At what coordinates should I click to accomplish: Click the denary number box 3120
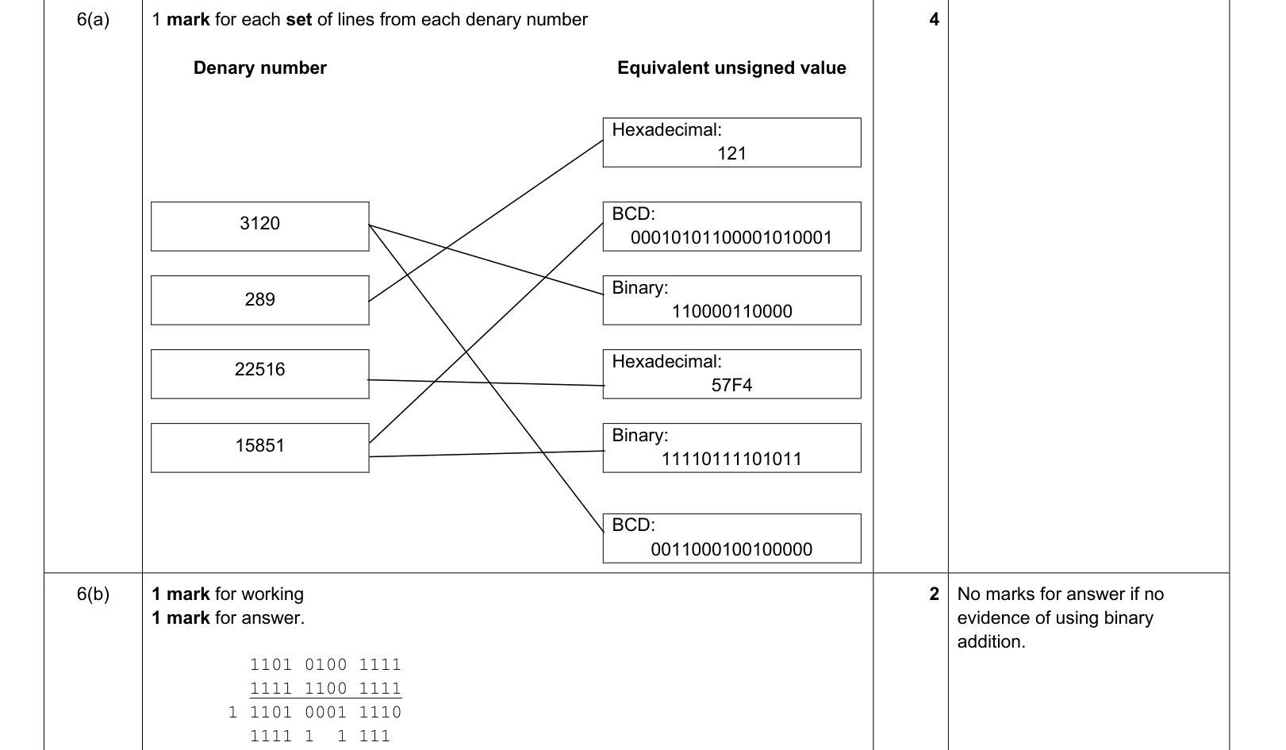pyautogui.click(x=260, y=226)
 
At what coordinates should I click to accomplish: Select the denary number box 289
pyautogui.click(x=260, y=300)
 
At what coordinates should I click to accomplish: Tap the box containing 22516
pyautogui.click(x=260, y=374)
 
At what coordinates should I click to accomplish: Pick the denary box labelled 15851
pyautogui.click(x=260, y=448)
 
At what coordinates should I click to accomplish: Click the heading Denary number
pyautogui.click(x=260, y=67)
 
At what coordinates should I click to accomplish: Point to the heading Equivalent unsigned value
pyautogui.click(x=731, y=67)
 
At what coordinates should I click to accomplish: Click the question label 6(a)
pyautogui.click(x=93, y=20)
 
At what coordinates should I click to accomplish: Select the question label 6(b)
pyautogui.click(x=93, y=594)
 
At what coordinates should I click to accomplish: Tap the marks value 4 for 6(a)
pyautogui.click(x=934, y=20)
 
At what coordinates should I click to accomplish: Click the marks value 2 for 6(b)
pyautogui.click(x=934, y=594)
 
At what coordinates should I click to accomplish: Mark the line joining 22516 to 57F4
pyautogui.click(x=486, y=383)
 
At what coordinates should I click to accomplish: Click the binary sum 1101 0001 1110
pyautogui.click(x=325, y=712)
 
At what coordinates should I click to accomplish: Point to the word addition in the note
pyautogui.click(x=991, y=641)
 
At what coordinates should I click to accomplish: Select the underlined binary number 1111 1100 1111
pyautogui.click(x=325, y=688)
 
